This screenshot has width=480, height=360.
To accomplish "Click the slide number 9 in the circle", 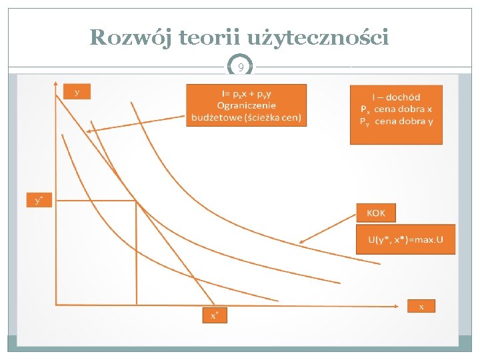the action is (240, 67).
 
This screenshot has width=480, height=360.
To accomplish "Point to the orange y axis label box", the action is (77, 92).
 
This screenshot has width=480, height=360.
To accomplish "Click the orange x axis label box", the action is (421, 307).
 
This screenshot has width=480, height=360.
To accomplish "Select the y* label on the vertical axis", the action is (39, 200).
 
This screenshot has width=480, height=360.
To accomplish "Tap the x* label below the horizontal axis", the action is (215, 315).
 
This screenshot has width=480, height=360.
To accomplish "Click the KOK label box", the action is (376, 213).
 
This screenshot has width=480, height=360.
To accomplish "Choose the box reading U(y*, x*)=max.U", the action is (406, 239).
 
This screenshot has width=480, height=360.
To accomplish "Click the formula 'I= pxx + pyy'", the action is (247, 93).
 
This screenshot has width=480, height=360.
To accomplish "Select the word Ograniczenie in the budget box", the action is (247, 105).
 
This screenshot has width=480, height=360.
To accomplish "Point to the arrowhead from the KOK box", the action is (302, 241).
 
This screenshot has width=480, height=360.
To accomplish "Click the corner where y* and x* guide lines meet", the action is (137, 201).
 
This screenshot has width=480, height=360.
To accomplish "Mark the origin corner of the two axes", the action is (56, 305).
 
